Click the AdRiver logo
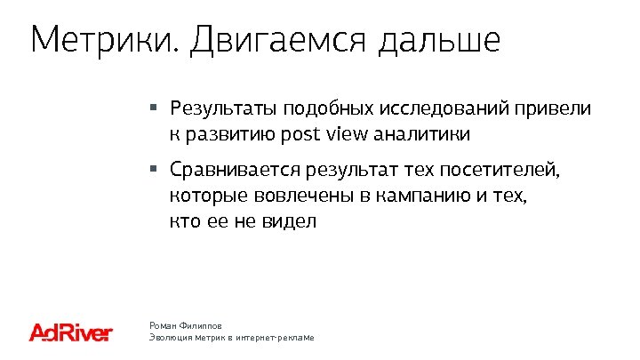(71, 333)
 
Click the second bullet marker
(153, 166)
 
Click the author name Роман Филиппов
(185, 326)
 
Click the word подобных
(326, 109)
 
